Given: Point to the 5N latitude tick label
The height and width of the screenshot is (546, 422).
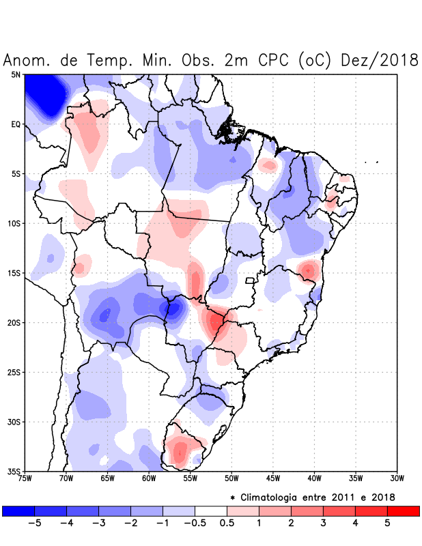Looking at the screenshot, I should point(16,74).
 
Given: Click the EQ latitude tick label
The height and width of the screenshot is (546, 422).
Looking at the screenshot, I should point(16,124).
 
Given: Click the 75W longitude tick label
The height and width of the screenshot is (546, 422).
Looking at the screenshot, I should point(25,478).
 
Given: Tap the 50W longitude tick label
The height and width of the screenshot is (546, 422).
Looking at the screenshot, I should point(231,478).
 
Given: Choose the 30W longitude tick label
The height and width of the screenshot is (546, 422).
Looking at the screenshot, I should point(397,478).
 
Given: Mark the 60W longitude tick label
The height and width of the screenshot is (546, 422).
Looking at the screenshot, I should point(149,478).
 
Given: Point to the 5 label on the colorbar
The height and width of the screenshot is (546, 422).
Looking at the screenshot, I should point(387,523).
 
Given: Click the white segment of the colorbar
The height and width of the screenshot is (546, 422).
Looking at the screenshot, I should point(211,511).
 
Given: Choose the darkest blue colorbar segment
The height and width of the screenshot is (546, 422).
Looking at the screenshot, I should point(18,511).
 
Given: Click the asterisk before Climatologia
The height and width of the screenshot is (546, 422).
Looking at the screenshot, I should point(242,497).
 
